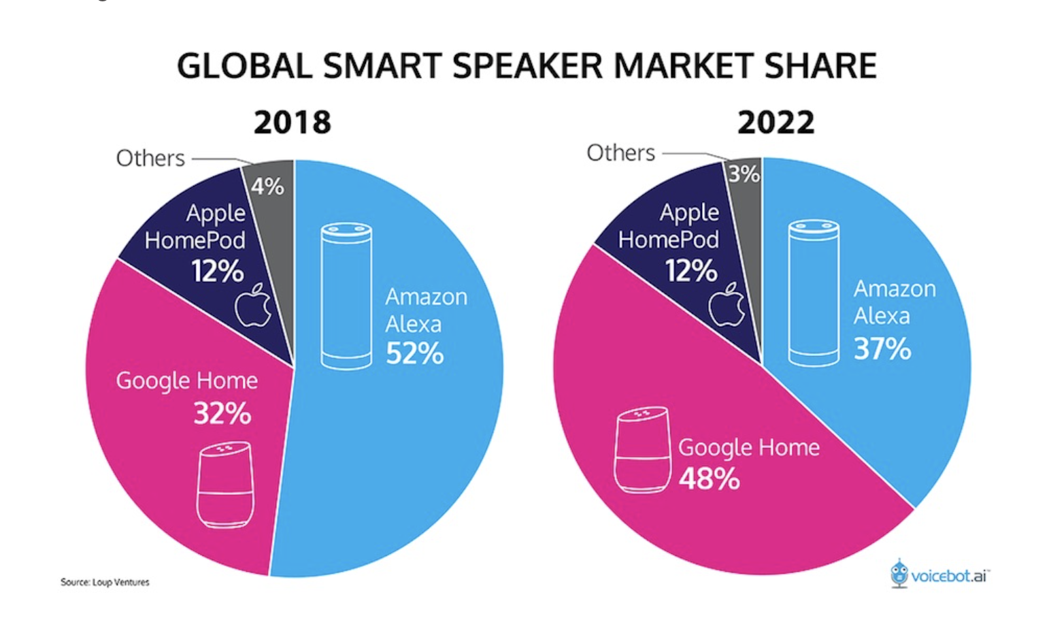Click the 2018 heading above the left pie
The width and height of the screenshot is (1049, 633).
[x=292, y=123]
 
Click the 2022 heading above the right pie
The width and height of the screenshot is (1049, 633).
[x=776, y=123]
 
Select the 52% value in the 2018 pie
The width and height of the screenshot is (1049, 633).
[x=414, y=353]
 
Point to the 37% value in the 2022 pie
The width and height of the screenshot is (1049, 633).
[x=882, y=348]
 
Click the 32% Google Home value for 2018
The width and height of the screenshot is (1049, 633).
[x=222, y=413]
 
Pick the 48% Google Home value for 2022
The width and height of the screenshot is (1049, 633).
[x=709, y=478]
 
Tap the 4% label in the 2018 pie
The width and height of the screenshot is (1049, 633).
[x=267, y=186]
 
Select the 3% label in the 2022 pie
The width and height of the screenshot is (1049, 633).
[x=744, y=174]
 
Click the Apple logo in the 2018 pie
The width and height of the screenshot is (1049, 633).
[x=253, y=305]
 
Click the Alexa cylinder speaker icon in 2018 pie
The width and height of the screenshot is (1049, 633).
[x=346, y=295]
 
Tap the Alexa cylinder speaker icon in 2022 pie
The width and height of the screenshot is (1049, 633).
[x=814, y=293]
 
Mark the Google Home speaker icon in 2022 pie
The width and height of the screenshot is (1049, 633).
[x=642, y=449]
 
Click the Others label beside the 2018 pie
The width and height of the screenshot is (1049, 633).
[x=150, y=158]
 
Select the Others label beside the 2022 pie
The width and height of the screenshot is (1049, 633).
[x=620, y=153]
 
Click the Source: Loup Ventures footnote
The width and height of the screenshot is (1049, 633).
[x=105, y=582]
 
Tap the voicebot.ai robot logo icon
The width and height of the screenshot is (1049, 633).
[x=899, y=573]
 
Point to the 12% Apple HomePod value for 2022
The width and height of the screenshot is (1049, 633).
[x=691, y=271]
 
